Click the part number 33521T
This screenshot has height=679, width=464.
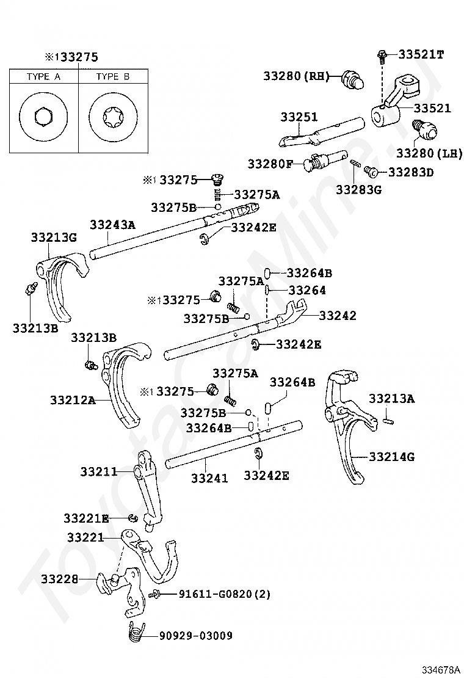421,54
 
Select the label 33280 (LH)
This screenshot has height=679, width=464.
429,153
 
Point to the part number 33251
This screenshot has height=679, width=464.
299,117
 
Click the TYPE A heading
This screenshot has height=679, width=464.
44,77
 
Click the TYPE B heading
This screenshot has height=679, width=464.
113,77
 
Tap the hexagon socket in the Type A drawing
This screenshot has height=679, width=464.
43,117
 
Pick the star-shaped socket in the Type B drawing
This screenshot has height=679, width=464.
113,117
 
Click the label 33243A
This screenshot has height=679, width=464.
112,225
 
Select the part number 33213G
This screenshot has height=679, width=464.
54,238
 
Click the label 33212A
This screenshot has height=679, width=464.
73,400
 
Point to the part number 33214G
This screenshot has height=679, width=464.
392,456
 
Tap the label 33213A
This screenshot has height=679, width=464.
392,398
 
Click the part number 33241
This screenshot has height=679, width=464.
209,478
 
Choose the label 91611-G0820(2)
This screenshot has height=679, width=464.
225,594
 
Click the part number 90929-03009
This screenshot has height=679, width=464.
196,636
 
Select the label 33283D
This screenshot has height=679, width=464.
411,172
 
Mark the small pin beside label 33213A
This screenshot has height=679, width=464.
388,419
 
